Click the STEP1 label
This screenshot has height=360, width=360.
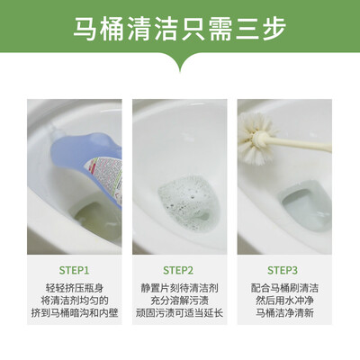click(x=74, y=270)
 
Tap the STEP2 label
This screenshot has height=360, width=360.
click(x=178, y=270)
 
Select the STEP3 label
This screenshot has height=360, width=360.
click(x=283, y=270)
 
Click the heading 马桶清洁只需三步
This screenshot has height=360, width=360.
click(x=180, y=29)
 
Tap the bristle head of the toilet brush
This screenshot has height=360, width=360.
click(x=256, y=138)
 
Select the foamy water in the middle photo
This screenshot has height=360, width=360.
click(x=187, y=200)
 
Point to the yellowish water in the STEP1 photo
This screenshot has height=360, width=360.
click(x=96, y=219)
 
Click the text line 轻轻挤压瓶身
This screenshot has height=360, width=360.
click(x=75, y=288)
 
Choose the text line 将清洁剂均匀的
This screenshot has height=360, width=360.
click(x=75, y=301)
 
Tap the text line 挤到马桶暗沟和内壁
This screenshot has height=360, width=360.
click(x=75, y=313)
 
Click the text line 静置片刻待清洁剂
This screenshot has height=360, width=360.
click(x=179, y=288)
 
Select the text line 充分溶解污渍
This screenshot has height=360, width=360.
click(x=179, y=301)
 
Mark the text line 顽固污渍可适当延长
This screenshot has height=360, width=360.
click(x=179, y=313)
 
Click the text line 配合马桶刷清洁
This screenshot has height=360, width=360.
click(x=284, y=288)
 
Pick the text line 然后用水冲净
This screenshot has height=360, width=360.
click(x=284, y=301)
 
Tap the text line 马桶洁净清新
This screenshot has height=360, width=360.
click(x=284, y=313)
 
